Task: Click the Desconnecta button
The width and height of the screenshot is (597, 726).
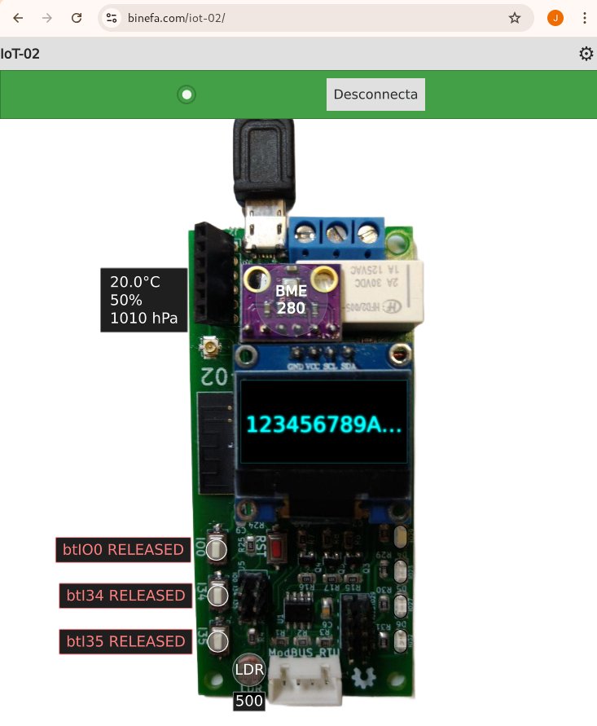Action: tap(375, 95)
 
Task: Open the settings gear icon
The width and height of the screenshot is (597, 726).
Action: tap(586, 54)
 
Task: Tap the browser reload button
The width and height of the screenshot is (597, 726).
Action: tap(77, 18)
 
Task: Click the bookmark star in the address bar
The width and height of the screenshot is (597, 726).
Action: tap(515, 18)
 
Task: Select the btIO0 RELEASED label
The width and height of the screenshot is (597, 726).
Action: tap(123, 550)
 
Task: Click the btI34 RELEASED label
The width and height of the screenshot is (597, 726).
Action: tap(125, 596)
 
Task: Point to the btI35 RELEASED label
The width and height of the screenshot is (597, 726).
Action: tap(125, 641)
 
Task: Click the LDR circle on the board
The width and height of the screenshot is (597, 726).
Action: tap(249, 670)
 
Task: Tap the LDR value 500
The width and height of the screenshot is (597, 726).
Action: tap(248, 701)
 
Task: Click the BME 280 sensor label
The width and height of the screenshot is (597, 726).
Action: tap(291, 299)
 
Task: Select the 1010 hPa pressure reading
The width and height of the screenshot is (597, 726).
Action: tap(143, 318)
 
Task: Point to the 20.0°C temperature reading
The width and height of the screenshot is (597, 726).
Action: tap(135, 282)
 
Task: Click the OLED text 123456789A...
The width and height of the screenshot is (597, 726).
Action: tap(324, 425)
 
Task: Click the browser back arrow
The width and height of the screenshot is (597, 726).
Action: tap(18, 18)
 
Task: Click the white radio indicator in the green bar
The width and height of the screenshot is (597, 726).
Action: tap(187, 95)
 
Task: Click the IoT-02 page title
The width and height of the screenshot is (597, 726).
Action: tap(20, 54)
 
